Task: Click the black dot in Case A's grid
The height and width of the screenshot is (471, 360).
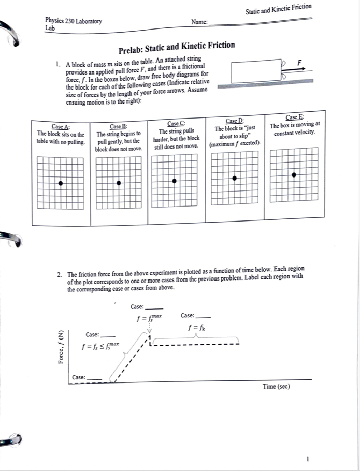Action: click(61, 183)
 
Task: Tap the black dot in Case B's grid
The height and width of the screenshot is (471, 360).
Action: click(120, 183)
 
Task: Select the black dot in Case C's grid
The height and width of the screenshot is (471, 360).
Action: click(175, 181)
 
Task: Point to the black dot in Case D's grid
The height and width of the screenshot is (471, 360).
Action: click(235, 178)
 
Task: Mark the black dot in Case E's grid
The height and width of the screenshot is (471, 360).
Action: click(294, 175)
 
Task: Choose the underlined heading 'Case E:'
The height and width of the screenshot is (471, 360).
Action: click(295, 117)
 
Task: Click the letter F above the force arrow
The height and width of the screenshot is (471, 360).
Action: click(298, 62)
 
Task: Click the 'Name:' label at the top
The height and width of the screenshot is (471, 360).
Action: click(199, 22)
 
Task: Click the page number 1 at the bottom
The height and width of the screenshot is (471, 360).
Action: click(307, 459)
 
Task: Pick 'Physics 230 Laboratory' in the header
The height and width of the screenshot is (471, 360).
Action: click(74, 21)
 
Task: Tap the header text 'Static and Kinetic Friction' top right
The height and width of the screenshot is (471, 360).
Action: click(278, 8)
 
